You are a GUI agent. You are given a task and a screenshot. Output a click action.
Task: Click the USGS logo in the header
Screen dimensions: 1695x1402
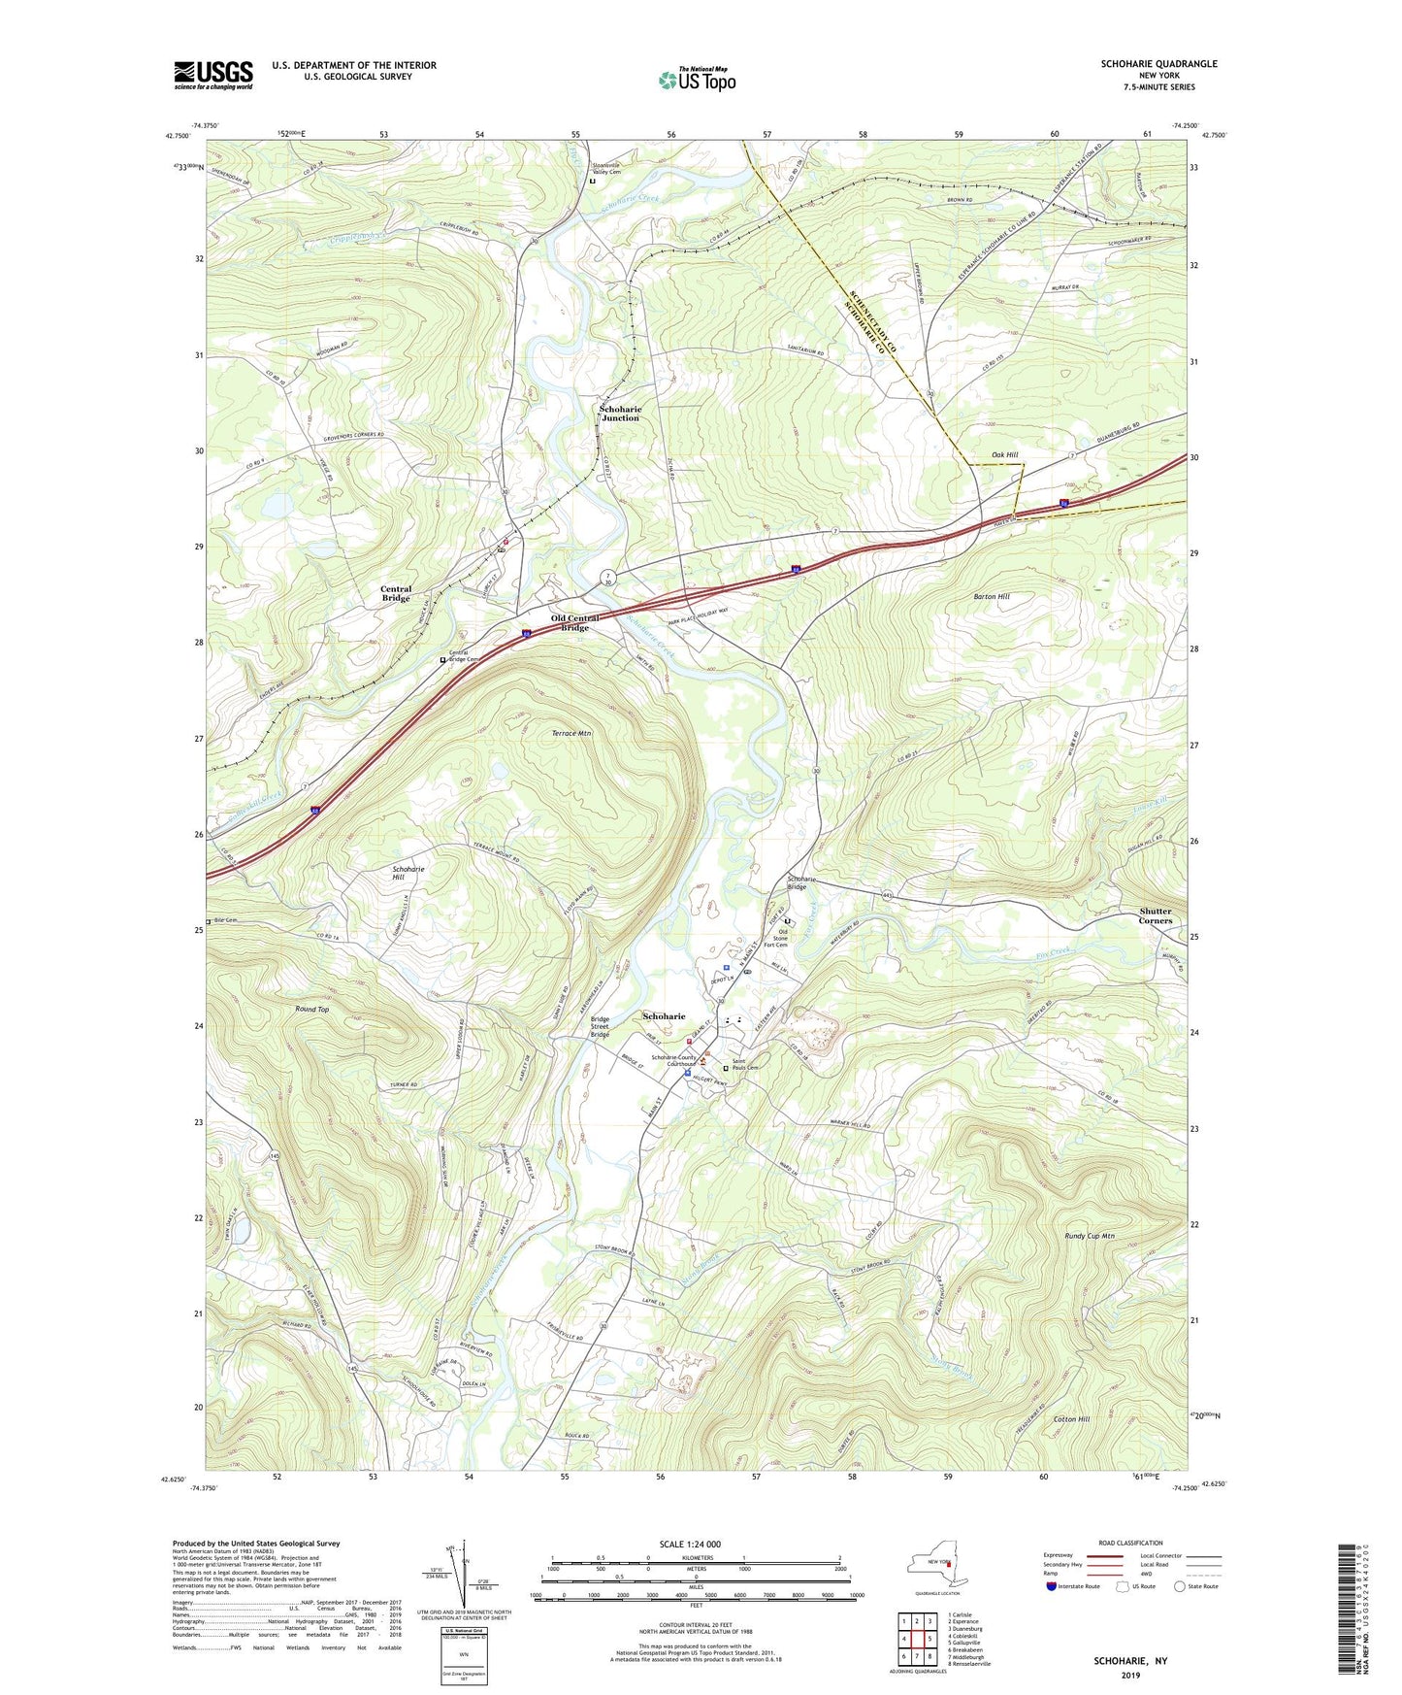[212, 75]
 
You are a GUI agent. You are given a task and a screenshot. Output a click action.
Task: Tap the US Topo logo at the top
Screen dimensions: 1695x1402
[696, 80]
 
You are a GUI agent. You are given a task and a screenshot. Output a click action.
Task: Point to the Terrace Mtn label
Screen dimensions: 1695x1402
[571, 733]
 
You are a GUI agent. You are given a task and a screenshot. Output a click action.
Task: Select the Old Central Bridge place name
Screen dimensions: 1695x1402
[575, 622]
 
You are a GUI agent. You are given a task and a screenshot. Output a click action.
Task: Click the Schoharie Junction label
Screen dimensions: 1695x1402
[620, 414]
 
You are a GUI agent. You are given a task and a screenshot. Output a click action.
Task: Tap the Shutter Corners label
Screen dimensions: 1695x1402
[1156, 915]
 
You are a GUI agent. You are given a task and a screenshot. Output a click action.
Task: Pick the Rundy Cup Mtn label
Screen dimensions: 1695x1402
[1087, 1236]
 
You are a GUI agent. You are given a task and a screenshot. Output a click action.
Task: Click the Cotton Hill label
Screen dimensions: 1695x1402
[1071, 1418]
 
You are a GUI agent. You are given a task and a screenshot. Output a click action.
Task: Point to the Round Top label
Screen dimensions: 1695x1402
[312, 1010]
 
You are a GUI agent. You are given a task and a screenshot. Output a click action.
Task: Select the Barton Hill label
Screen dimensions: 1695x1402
[990, 596]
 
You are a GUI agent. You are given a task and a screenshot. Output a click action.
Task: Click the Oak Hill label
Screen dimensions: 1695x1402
[1004, 454]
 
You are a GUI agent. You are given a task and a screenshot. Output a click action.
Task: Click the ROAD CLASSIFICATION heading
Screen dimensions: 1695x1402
[1130, 1543]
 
